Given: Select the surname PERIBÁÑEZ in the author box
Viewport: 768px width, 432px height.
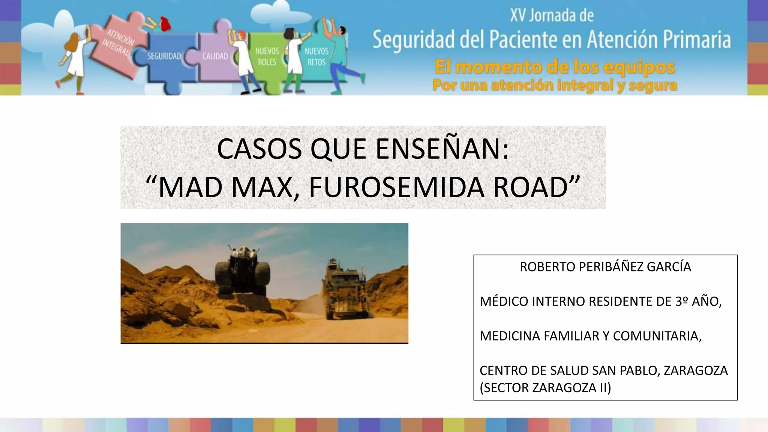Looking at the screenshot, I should (605, 267).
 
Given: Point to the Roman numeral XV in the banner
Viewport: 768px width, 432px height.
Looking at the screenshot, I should (518, 16).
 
